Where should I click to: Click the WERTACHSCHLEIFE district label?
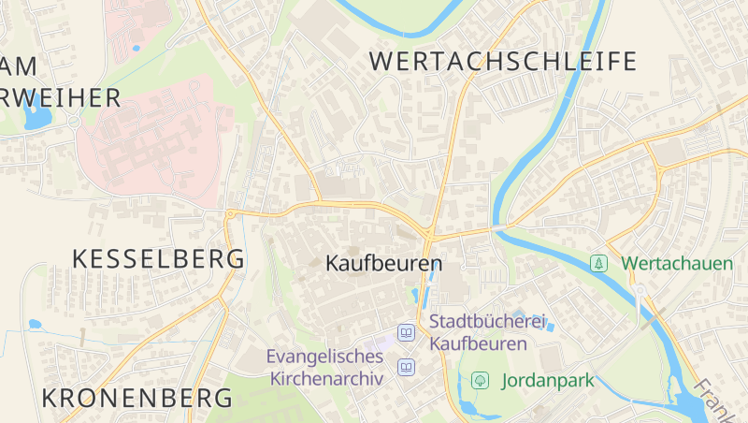[503, 62]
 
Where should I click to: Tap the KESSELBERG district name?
[159, 258]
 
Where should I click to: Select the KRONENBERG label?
[137, 398]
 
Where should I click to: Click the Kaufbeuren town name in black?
[383, 264]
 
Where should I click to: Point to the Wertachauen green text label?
[677, 264]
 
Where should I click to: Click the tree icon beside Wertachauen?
[597, 264]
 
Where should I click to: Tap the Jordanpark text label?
[548, 381]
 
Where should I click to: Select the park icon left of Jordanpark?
[481, 380]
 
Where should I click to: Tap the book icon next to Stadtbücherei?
[407, 332]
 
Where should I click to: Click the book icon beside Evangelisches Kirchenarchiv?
[407, 367]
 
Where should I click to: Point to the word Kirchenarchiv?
[326, 379]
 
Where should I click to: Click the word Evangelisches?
[324, 357]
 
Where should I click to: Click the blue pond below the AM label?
[36, 118]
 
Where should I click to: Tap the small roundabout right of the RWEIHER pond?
[74, 121]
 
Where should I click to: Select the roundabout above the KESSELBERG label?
[230, 214]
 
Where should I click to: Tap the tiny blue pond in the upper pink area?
[137, 47]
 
